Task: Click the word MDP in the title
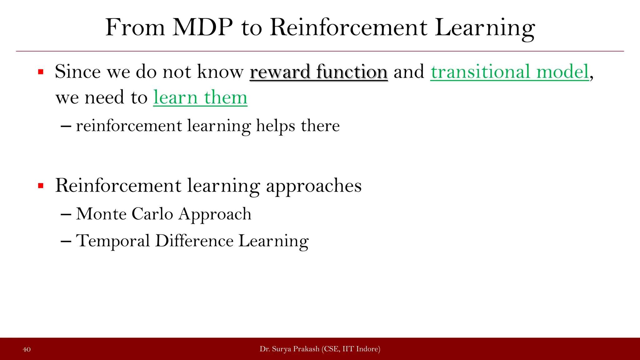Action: tap(202, 27)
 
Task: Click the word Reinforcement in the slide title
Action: tap(348, 27)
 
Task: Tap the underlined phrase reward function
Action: tap(318, 72)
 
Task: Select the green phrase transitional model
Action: tap(510, 72)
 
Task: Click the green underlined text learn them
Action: tap(200, 97)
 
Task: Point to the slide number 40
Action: tap(27, 349)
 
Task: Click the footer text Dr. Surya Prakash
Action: tap(289, 349)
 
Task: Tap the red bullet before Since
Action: tap(41, 72)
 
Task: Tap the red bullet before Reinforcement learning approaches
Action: tap(41, 186)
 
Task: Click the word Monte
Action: tap(101, 214)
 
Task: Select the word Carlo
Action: tap(152, 214)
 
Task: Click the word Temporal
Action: tap(113, 241)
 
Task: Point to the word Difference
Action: tap(194, 241)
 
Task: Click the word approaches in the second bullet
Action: tap(313, 186)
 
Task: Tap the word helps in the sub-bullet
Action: tap(275, 126)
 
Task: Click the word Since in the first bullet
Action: tap(78, 72)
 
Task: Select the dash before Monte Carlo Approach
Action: tap(66, 215)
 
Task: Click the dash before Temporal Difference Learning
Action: tap(66, 242)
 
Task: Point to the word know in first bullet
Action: tap(220, 72)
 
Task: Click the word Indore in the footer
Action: tap(367, 349)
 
